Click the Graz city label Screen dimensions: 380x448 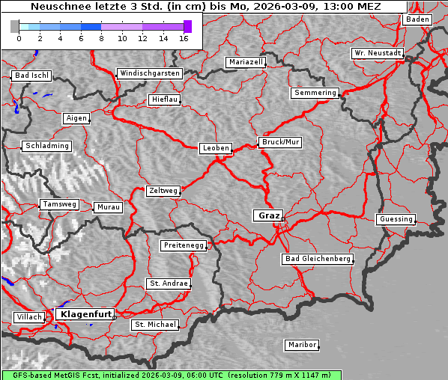[x=268, y=215]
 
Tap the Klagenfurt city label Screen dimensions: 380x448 [x=85, y=314]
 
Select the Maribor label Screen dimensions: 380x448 [x=302, y=345]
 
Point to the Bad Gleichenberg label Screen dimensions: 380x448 [x=317, y=259]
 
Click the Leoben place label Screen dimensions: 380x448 [x=216, y=148]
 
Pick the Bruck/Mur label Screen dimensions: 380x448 [x=280, y=141]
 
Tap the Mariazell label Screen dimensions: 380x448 [x=246, y=62]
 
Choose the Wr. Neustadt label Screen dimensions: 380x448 [x=377, y=53]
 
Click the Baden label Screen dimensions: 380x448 [x=418, y=19]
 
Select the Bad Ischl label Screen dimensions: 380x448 [x=31, y=76]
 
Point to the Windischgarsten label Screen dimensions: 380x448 [x=150, y=73]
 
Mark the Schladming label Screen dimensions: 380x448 [x=47, y=146]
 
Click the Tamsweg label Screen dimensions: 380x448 [x=58, y=204]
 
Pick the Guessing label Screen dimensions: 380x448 [x=395, y=219]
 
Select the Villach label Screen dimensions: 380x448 [x=28, y=317]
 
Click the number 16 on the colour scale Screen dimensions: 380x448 [x=184, y=38]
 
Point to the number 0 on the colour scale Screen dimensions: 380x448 [x=19, y=38]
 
